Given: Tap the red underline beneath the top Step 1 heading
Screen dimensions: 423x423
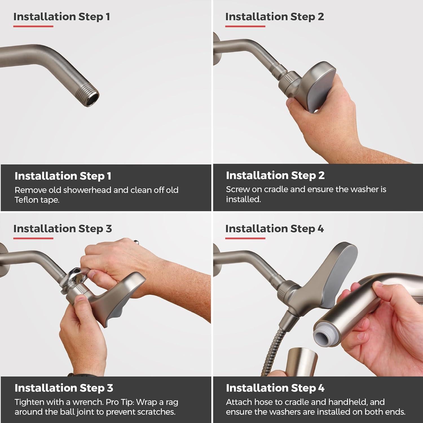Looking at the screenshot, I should coord(33,27).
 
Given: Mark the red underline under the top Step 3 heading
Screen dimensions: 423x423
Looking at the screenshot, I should coord(33,238).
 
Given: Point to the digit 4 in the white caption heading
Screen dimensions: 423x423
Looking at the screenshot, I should coord(321,388).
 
